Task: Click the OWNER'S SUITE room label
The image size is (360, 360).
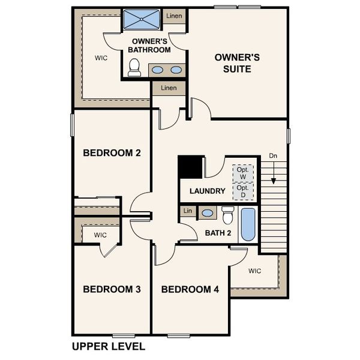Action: (x=237, y=63)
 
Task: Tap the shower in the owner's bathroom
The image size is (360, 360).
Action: (x=142, y=19)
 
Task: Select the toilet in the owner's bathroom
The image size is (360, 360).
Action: (x=134, y=67)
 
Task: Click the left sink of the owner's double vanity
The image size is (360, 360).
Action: (x=157, y=70)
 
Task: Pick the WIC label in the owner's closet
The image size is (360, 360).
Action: (x=101, y=59)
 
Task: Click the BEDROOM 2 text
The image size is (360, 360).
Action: (x=112, y=153)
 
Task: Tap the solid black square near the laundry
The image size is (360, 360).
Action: (x=190, y=167)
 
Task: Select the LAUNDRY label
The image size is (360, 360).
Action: (x=207, y=191)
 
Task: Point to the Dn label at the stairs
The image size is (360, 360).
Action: (x=273, y=155)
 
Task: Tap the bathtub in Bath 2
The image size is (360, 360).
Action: (x=248, y=224)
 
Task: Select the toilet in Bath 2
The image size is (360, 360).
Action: (x=228, y=214)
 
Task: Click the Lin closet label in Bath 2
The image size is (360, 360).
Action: (x=188, y=211)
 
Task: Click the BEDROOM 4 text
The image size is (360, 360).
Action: (x=190, y=290)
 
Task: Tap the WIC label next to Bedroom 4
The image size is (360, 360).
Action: (x=255, y=271)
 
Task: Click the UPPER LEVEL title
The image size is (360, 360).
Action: (x=108, y=346)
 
